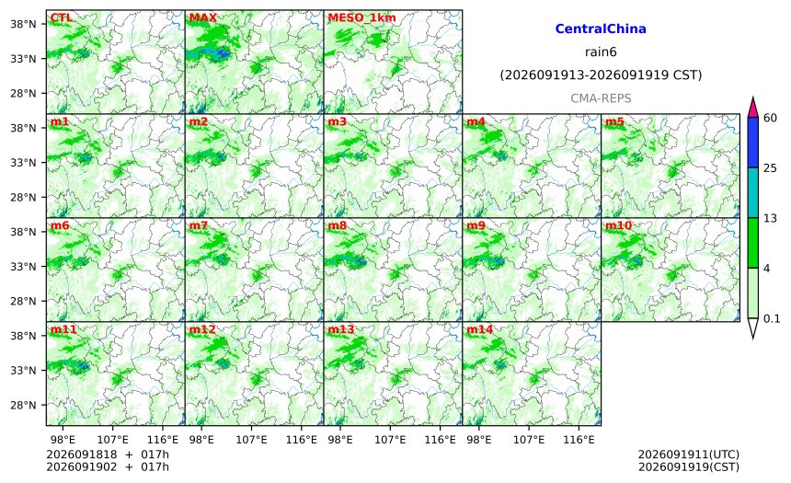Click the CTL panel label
pyautogui.click(x=61, y=17)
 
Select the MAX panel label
pyautogui.click(x=202, y=17)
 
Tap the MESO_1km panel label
pyautogui.click(x=361, y=17)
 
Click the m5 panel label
pyautogui.click(x=614, y=121)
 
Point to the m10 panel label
pyautogui.click(x=618, y=225)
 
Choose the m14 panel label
pyautogui.click(x=480, y=329)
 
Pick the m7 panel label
pyautogui.click(x=199, y=225)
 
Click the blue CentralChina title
pyautogui.click(x=601, y=29)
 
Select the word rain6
pyautogui.click(x=601, y=52)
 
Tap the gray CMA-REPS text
pyautogui.click(x=601, y=98)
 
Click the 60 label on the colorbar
pyautogui.click(x=771, y=118)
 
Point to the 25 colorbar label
pyautogui.click(x=771, y=168)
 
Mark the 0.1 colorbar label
pyautogui.click(x=772, y=318)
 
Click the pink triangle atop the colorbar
pyautogui.click(x=752, y=108)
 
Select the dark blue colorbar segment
pyautogui.click(x=752, y=143)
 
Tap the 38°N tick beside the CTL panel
pyautogui.click(x=23, y=24)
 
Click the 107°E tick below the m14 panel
pyautogui.click(x=529, y=440)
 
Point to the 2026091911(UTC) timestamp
pyautogui.click(x=689, y=454)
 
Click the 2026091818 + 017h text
pyautogui.click(x=108, y=454)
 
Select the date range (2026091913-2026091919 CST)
pyautogui.click(x=601, y=75)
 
